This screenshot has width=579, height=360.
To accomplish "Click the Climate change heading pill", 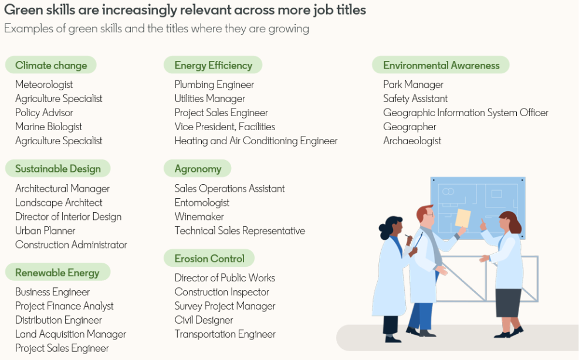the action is point(51,65).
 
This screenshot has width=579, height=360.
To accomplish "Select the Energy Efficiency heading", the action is point(213,65).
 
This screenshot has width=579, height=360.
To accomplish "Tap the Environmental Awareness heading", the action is point(441,65).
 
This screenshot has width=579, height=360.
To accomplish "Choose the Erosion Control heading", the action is point(209,259).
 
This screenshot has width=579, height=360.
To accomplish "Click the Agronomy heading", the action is point(198,169).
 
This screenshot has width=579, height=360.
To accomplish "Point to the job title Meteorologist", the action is point(44,84).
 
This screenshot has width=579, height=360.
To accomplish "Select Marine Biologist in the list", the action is point(49,127).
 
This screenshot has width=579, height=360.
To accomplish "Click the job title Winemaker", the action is point(199,216).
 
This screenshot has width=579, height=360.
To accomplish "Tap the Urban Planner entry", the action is point(45,230).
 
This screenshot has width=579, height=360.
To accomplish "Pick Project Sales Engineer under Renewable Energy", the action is point(62,348).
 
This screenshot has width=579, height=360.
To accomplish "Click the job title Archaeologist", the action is point(412,141).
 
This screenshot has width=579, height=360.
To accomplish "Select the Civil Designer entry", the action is point(204,320).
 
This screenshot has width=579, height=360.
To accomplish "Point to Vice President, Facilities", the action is point(225,127).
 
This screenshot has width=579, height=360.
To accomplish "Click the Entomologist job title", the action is point(202,202).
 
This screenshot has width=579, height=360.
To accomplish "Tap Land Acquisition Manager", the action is point(70,334).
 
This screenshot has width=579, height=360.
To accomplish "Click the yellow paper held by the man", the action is point(463,218).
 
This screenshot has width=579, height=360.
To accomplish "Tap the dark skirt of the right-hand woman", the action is point(509,303).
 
